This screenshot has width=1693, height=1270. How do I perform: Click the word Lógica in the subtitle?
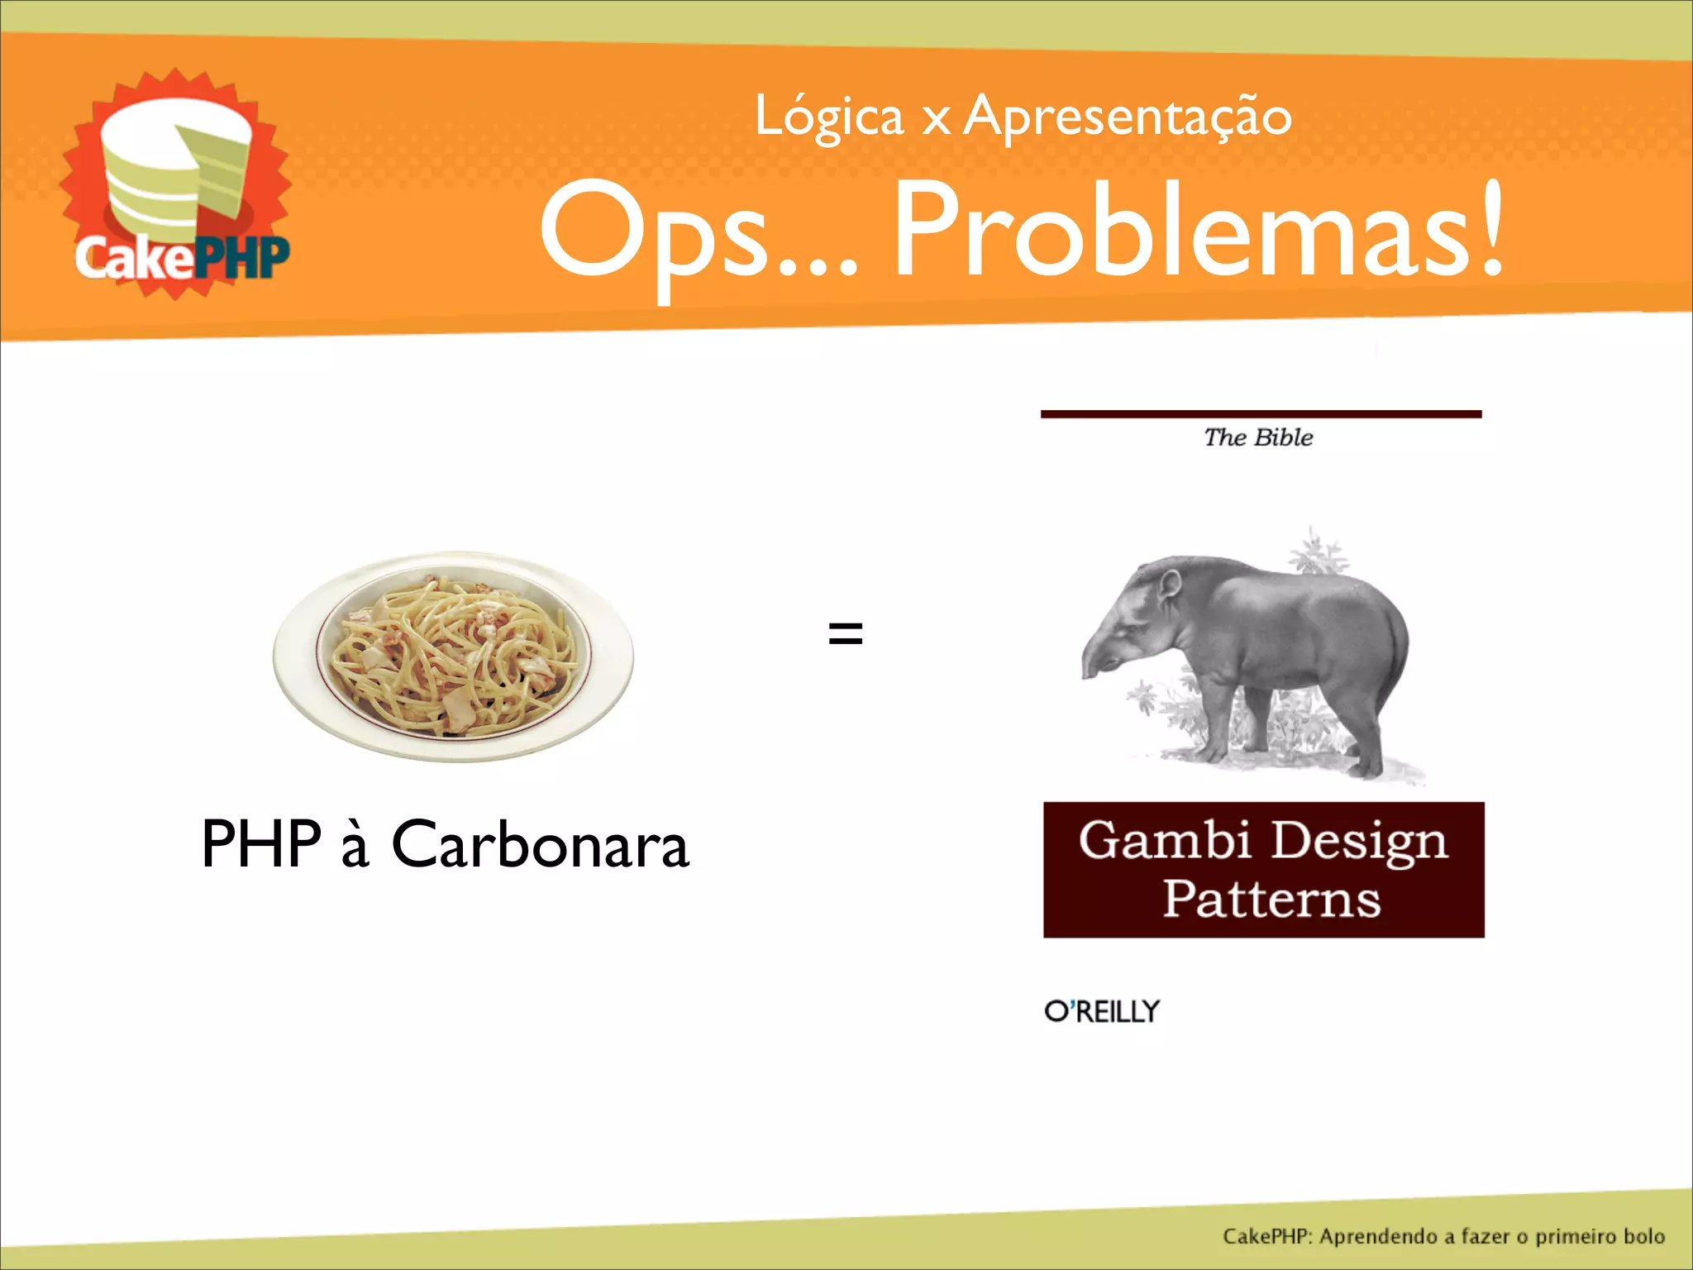point(829,118)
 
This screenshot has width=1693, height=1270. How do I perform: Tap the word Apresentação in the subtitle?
point(1128,118)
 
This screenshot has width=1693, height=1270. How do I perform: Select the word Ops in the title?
point(653,232)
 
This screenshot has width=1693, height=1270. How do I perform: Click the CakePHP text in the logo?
point(182,257)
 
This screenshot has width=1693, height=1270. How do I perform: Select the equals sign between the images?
point(846,634)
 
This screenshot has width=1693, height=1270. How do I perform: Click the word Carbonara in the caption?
point(540,845)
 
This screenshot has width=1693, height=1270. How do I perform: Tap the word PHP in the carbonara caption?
point(261,845)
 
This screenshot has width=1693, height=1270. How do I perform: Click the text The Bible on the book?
point(1258,437)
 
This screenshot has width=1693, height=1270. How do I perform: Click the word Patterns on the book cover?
point(1271,900)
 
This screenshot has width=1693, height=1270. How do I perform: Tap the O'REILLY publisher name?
point(1102,1011)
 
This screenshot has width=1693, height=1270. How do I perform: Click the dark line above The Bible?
point(1261,413)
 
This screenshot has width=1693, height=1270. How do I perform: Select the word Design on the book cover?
point(1360,842)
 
